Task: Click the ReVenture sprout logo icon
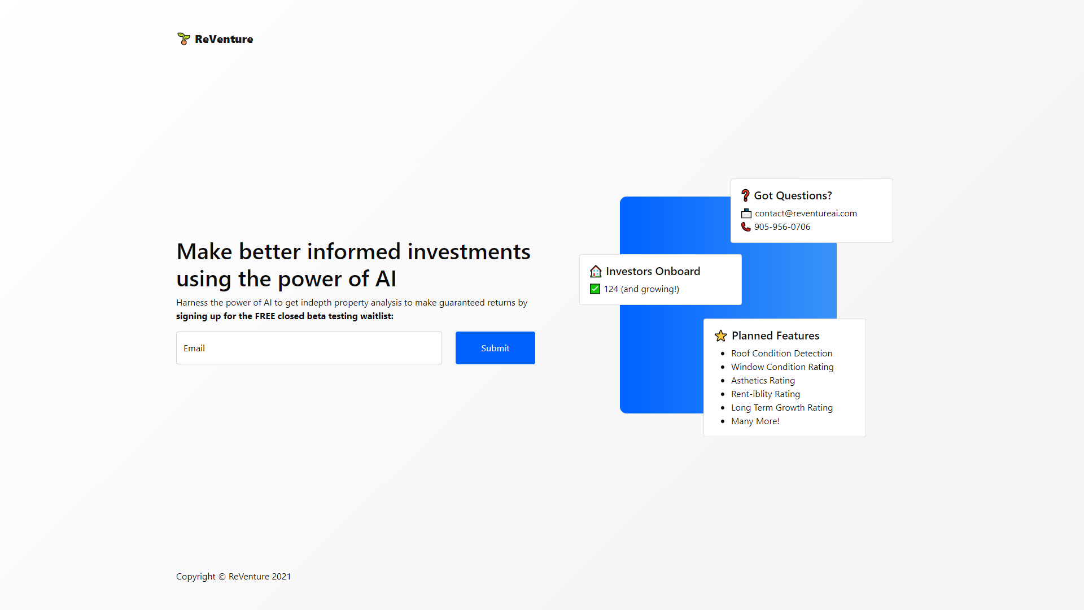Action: pyautogui.click(x=183, y=39)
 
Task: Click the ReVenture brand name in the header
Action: pyautogui.click(x=224, y=39)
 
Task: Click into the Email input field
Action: pyautogui.click(x=309, y=348)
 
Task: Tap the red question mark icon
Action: pyautogui.click(x=745, y=195)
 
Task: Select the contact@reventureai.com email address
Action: pyautogui.click(x=806, y=213)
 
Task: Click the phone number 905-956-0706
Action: pyautogui.click(x=782, y=227)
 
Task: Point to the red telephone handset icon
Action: pyautogui.click(x=746, y=227)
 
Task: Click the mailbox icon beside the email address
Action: pyautogui.click(x=746, y=213)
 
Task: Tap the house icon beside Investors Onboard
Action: pyautogui.click(x=596, y=272)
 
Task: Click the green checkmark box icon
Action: pyautogui.click(x=595, y=289)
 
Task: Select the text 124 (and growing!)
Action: pyautogui.click(x=641, y=289)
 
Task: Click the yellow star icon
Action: pyautogui.click(x=721, y=336)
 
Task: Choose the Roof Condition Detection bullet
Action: pyautogui.click(x=781, y=354)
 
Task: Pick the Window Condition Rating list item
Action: pyautogui.click(x=782, y=367)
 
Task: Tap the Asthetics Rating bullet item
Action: pyautogui.click(x=763, y=381)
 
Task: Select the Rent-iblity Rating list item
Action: pyautogui.click(x=765, y=394)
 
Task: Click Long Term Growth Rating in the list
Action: pyautogui.click(x=781, y=408)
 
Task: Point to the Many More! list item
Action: pyautogui.click(x=755, y=421)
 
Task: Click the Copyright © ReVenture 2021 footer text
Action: pyautogui.click(x=233, y=577)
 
